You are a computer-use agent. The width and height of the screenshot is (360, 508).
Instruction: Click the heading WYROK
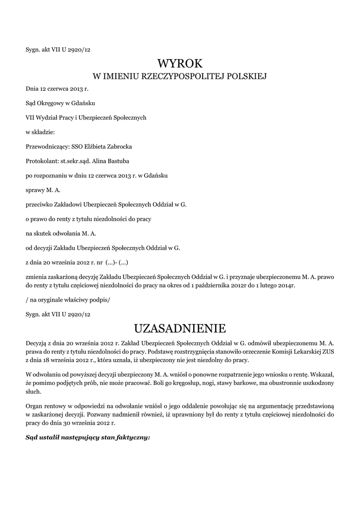coord(180,64)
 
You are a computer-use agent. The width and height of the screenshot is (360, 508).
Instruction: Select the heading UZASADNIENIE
coord(180,328)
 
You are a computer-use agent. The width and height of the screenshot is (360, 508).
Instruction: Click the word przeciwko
coord(40,204)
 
